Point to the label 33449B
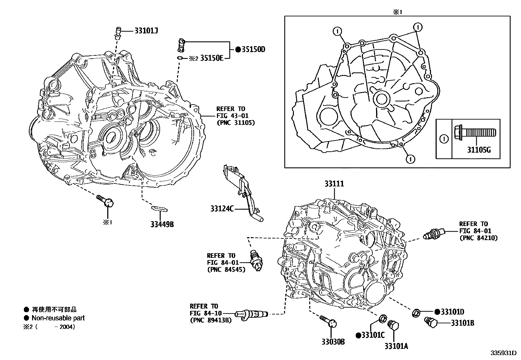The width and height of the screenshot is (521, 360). [162, 224]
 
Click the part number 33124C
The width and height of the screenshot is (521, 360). [222, 208]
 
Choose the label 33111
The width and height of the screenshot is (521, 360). [334, 184]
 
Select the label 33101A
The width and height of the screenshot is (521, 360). [396, 346]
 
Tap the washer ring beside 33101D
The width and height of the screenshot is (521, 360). [416, 313]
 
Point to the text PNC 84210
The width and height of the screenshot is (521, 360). [478, 238]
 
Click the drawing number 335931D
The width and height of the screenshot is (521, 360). [503, 353]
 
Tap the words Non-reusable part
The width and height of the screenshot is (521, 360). [58, 318]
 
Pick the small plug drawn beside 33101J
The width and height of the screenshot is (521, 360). [117, 32]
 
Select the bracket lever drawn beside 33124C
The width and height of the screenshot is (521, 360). [242, 190]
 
